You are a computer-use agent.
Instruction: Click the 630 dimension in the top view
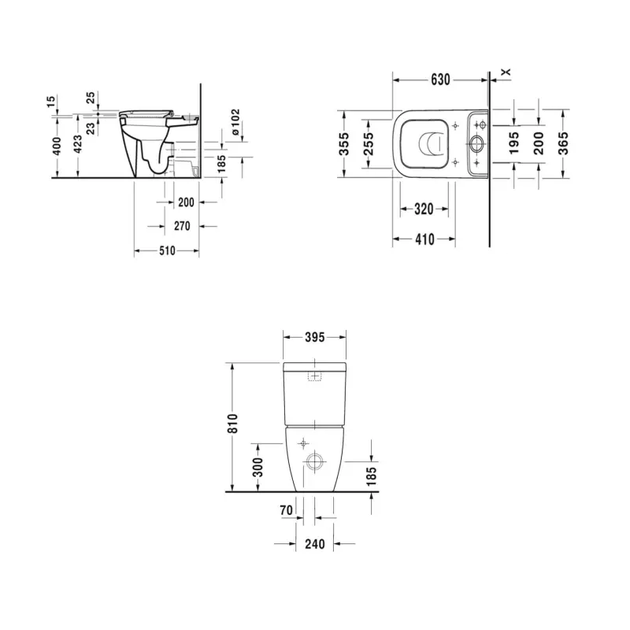439,80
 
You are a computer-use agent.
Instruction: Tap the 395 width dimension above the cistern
314,337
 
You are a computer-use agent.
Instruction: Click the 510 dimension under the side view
166,251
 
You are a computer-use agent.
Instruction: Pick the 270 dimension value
182,226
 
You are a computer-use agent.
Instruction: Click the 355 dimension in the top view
344,143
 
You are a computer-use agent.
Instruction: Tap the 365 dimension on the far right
563,143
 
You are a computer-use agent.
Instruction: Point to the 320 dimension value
424,209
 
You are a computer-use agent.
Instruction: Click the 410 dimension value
424,239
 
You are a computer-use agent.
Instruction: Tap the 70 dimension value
286,511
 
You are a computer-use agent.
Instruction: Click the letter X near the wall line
506,72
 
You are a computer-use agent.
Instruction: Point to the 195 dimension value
514,143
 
